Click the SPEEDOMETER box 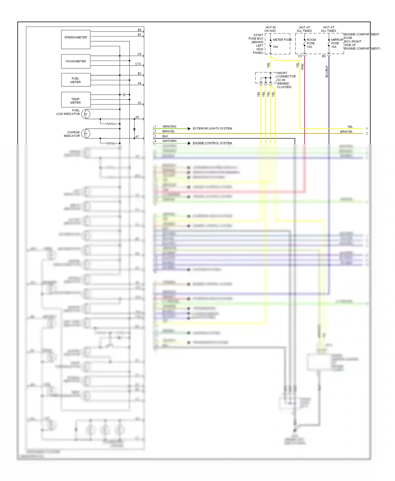click(76, 39)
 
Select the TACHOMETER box click(76, 61)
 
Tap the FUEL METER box click(76, 80)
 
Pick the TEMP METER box click(76, 100)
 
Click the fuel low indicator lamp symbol click(86, 114)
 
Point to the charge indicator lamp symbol click(86, 134)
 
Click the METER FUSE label click(282, 40)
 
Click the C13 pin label click(138, 64)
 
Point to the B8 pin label click(139, 30)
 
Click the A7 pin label click(137, 137)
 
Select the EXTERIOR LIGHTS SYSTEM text click(212, 128)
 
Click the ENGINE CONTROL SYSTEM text click(212, 143)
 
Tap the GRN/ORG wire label click(169, 127)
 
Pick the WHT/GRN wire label click(169, 141)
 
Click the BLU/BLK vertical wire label click(327, 71)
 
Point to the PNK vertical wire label click(303, 66)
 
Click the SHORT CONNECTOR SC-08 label click(286, 77)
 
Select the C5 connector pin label click(300, 56)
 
